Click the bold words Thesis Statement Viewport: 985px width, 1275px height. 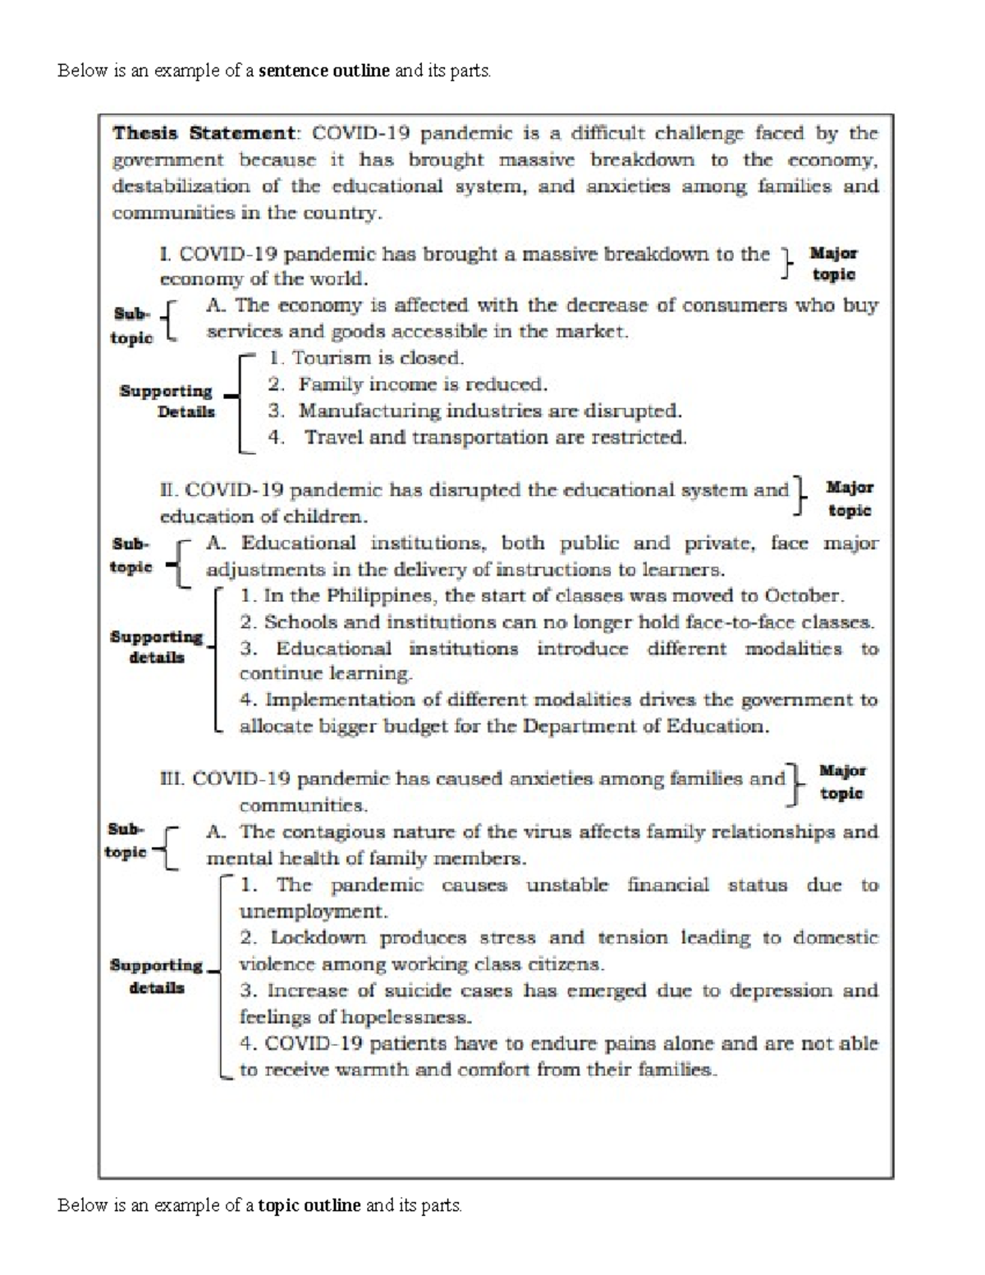pos(203,133)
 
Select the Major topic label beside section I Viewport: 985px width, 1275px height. pos(833,264)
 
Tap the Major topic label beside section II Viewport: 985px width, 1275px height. pos(849,498)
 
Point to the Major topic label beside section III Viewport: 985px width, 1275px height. pos(842,782)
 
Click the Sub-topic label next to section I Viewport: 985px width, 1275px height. pos(131,325)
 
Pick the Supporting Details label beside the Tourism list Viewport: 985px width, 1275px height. pos(167,401)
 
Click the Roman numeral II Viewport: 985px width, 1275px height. pos(168,490)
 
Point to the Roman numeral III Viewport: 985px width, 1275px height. pos(173,778)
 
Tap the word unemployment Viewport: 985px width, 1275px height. pos(312,911)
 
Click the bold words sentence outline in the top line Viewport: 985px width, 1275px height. pos(323,71)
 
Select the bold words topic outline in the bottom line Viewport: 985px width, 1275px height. pos(309,1205)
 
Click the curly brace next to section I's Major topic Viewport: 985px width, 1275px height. pos(788,264)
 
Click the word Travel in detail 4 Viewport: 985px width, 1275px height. pos(333,437)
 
